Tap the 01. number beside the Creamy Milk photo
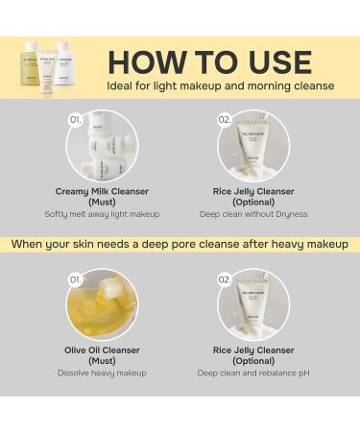[73, 120]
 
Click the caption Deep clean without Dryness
[253, 214]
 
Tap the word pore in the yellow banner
[195, 244]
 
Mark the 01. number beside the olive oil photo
[73, 278]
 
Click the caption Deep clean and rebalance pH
[253, 372]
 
